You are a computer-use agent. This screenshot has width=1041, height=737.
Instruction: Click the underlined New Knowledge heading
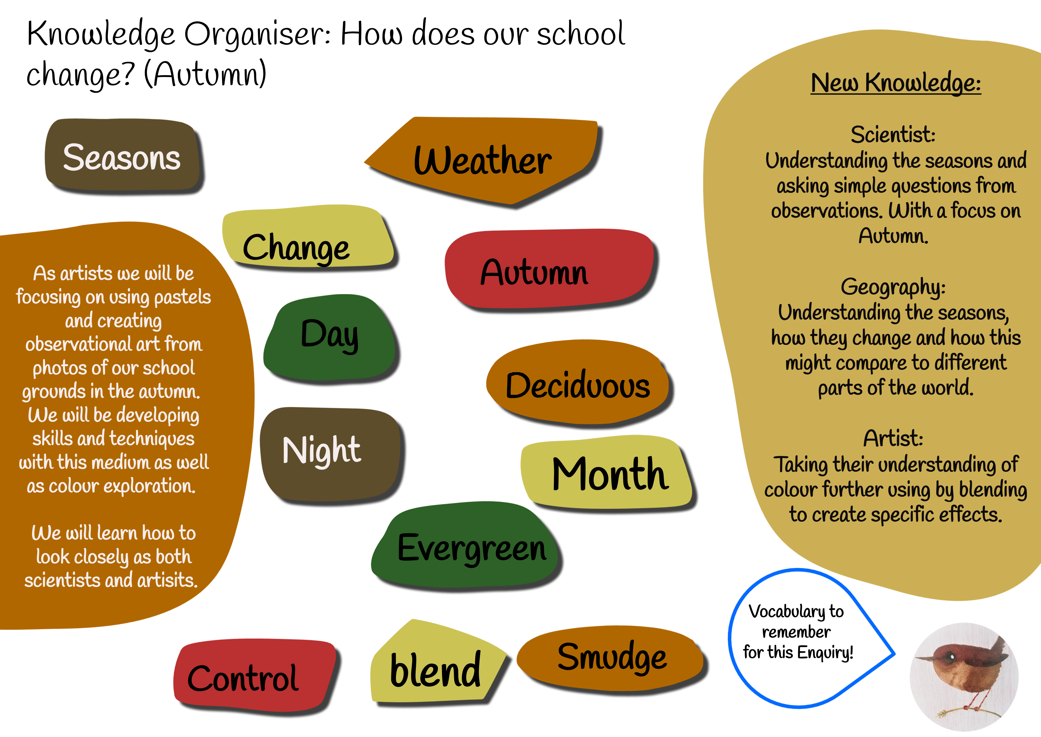pyautogui.click(x=896, y=83)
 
